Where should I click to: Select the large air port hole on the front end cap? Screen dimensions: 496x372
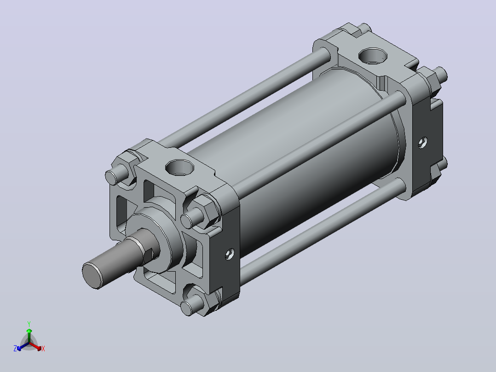pos(179,167)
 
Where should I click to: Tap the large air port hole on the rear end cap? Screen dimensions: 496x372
pos(373,56)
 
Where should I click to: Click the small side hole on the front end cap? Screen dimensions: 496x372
pos(230,254)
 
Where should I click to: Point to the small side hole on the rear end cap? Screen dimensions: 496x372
pos(423,142)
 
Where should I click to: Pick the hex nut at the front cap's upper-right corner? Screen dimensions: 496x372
pos(205,210)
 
